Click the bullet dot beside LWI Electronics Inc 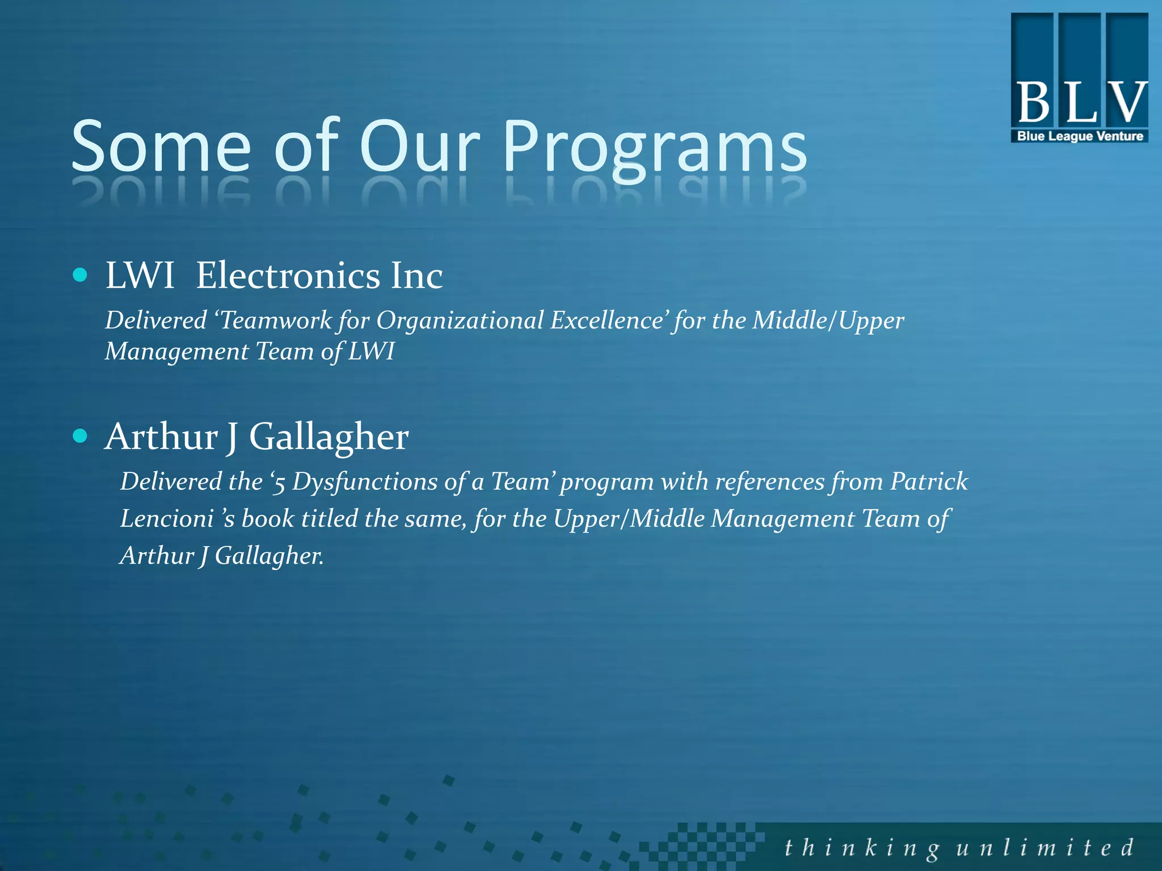[81, 276]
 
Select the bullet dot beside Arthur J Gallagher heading [81, 435]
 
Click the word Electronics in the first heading [288, 276]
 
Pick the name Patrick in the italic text [929, 481]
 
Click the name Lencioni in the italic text [167, 518]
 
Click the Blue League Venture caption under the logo [1080, 136]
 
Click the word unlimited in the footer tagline [1045, 848]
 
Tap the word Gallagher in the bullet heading [329, 437]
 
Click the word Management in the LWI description [177, 352]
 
